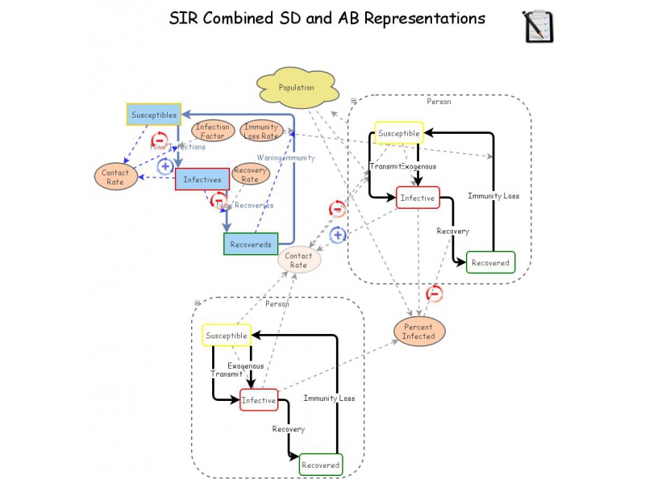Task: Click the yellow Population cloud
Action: (296, 88)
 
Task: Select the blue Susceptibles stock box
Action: (153, 115)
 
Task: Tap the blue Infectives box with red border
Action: (202, 179)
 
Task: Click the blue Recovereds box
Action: (250, 244)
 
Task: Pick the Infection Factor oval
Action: (212, 131)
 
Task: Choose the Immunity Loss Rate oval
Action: (261, 131)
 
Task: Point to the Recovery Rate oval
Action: (250, 174)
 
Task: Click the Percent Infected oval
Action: (418, 332)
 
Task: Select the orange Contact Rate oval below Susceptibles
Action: (115, 177)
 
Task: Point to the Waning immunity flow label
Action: (285, 158)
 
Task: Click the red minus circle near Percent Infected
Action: (435, 294)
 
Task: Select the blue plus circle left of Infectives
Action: (164, 166)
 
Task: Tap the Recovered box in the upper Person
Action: (490, 263)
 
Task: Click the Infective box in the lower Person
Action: (258, 400)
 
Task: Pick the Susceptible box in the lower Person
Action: (226, 336)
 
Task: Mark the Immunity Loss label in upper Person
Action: (493, 196)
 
